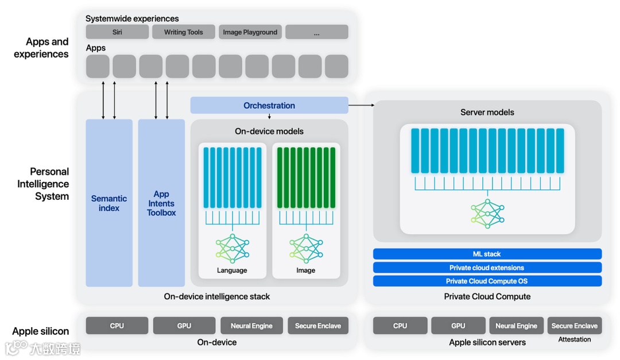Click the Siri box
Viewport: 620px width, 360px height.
click(117, 32)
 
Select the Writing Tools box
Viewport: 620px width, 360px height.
click(184, 32)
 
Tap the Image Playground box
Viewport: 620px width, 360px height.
click(250, 32)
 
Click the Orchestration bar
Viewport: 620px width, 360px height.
click(269, 105)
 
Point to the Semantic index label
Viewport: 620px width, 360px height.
click(109, 203)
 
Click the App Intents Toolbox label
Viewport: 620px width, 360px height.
click(161, 203)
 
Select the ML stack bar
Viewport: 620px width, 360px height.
click(487, 254)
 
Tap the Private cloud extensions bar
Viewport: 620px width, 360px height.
click(487, 268)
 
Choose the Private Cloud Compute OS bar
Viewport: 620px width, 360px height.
click(487, 281)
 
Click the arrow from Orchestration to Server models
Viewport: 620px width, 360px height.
click(362, 105)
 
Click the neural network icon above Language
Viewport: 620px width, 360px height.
click(232, 249)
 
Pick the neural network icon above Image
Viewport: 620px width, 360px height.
click(306, 249)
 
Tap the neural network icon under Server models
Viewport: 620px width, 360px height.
click(487, 214)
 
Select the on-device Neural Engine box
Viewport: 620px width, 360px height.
click(251, 326)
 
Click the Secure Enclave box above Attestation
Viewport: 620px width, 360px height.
click(574, 326)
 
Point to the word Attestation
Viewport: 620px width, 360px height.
click(575, 339)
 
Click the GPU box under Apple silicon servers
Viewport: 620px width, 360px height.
click(458, 326)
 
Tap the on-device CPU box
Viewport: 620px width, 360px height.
click(117, 326)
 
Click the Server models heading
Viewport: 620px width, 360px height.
click(487, 113)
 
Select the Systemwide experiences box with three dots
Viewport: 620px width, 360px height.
click(317, 32)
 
